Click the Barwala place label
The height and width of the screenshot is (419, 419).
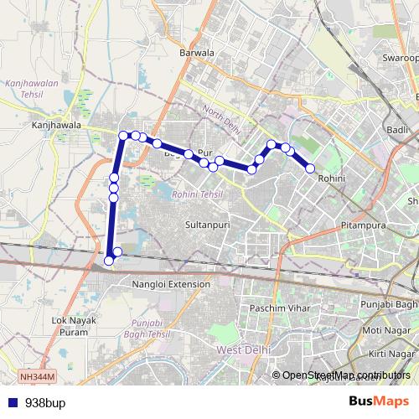pyautogui.click(x=198, y=53)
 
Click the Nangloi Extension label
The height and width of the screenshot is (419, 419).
pyautogui.click(x=172, y=284)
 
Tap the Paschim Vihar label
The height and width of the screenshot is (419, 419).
pyautogui.click(x=281, y=308)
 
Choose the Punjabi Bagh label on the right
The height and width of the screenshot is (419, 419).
pyautogui.click(x=388, y=303)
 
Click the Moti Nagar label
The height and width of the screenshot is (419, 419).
pyautogui.click(x=390, y=328)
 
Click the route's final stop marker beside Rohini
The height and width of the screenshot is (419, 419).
pyautogui.click(x=310, y=168)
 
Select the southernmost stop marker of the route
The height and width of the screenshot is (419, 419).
pyautogui.click(x=108, y=261)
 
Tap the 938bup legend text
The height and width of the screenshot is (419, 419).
pyautogui.click(x=44, y=402)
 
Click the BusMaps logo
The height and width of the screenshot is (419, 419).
pyautogui.click(x=380, y=401)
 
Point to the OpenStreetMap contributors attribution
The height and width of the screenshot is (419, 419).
pyautogui.click(x=346, y=375)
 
